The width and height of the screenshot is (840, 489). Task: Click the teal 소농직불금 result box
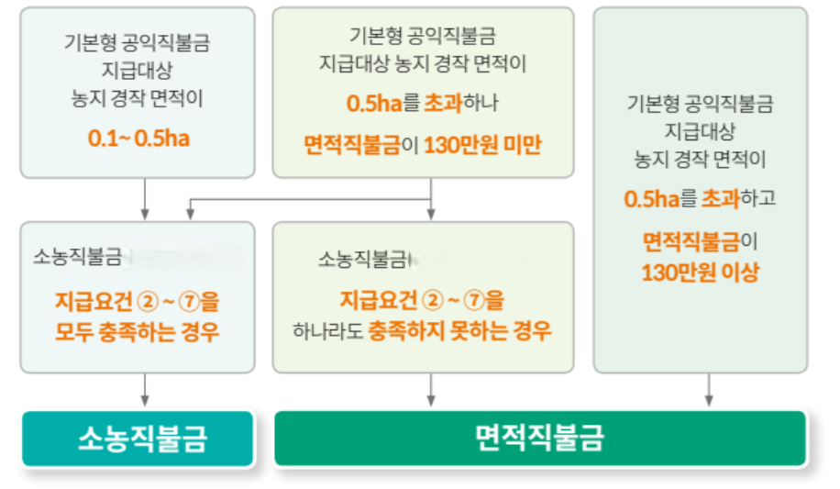pyautogui.click(x=138, y=439)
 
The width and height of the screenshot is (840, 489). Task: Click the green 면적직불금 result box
pyautogui.click(x=540, y=439)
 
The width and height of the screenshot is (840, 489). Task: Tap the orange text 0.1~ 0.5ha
pyautogui.click(x=138, y=139)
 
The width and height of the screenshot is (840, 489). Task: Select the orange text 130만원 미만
pyautogui.click(x=482, y=145)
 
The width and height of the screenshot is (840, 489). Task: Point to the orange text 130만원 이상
pyautogui.click(x=700, y=272)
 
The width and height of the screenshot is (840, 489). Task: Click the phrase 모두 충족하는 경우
pyautogui.click(x=138, y=331)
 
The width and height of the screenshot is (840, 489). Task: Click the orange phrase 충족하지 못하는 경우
pyautogui.click(x=459, y=330)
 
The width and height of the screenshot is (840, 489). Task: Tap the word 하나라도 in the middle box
pyautogui.click(x=328, y=331)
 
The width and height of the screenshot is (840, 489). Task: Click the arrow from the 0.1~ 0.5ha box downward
pyautogui.click(x=145, y=199)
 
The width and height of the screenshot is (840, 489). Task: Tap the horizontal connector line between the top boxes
pyautogui.click(x=312, y=199)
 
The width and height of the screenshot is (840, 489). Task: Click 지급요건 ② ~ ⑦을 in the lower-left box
pyautogui.click(x=138, y=300)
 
